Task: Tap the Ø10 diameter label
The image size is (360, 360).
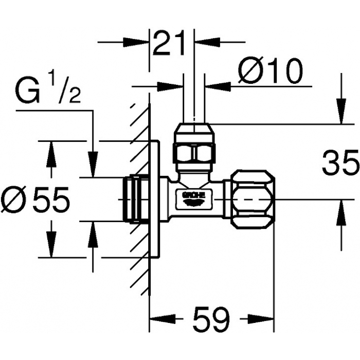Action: [x=270, y=70]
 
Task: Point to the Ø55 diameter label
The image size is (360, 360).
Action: [x=35, y=199]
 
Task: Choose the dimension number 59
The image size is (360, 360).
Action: [x=211, y=318]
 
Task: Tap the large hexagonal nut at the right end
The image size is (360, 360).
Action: [x=253, y=199]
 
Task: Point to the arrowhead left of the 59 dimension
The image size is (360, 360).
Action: [x=163, y=319]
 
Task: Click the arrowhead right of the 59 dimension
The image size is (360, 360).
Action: [x=261, y=319]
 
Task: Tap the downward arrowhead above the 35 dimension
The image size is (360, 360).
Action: [x=341, y=111]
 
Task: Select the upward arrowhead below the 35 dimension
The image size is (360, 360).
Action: [x=341, y=212]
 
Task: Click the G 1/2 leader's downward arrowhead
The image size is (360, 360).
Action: [x=93, y=165]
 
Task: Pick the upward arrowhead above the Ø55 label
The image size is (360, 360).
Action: [x=51, y=154]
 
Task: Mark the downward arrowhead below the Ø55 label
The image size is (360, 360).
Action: [x=51, y=244]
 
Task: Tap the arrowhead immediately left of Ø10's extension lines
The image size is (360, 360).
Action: [x=170, y=86]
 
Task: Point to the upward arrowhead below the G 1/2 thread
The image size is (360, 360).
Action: [x=93, y=235]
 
